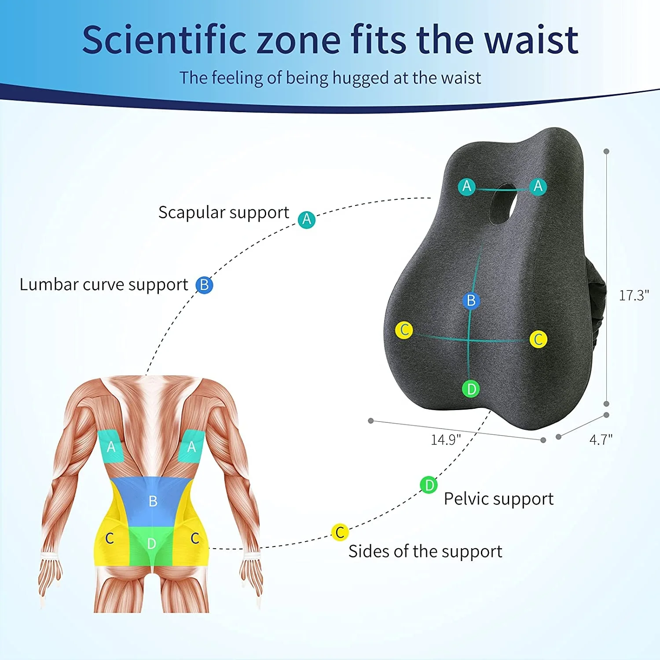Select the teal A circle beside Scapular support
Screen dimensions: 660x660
coord(307,219)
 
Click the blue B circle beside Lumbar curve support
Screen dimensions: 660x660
coord(204,285)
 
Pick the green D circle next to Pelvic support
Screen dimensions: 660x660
coord(429,485)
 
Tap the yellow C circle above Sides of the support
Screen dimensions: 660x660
coord(340,532)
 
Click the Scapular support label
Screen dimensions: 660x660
coord(224,213)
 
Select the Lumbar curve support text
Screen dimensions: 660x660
coord(104,285)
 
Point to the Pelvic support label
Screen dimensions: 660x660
coord(498,499)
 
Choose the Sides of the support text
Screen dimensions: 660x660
coord(425,551)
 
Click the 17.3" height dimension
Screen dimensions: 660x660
coord(634,296)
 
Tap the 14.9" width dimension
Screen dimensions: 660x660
coord(445,440)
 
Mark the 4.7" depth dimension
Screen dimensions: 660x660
coord(601,440)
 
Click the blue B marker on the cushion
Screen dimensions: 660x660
coord(471,301)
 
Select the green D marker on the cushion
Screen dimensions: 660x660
coord(471,389)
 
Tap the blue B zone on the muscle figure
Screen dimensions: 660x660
coord(152,501)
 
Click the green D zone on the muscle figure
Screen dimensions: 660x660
coord(151,544)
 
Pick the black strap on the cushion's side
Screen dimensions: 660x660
coord(595,308)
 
